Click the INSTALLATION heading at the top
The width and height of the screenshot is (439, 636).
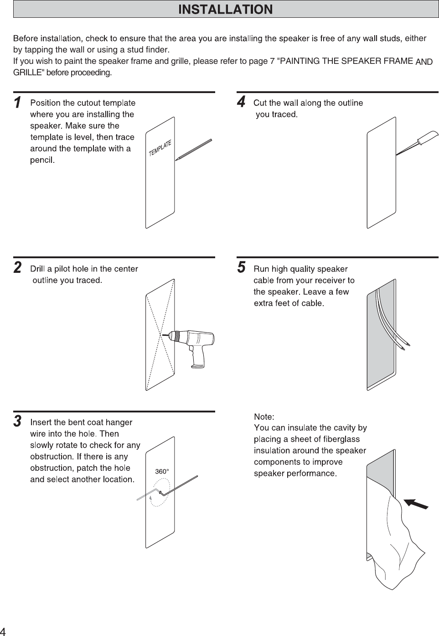pos(226,9)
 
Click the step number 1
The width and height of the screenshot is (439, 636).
pos(17,103)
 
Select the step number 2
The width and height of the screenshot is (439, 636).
pos(17,268)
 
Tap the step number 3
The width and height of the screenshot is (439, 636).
pos(17,421)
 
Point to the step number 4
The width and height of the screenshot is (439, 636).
pos(241,101)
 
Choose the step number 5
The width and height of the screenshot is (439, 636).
pos(241,267)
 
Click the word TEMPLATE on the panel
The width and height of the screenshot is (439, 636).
pos(160,148)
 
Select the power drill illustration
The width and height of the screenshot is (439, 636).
pos(196,344)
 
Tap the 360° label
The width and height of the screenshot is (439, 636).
pos(162,471)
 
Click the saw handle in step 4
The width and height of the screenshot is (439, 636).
pos(426,137)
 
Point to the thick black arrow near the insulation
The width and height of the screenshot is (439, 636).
pos(416,504)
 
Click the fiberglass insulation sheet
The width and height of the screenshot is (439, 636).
pos(397,543)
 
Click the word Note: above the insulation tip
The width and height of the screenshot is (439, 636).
pos(264,417)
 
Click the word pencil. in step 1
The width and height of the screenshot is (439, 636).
pos(42,160)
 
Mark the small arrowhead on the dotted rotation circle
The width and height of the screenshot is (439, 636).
pos(150,499)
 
